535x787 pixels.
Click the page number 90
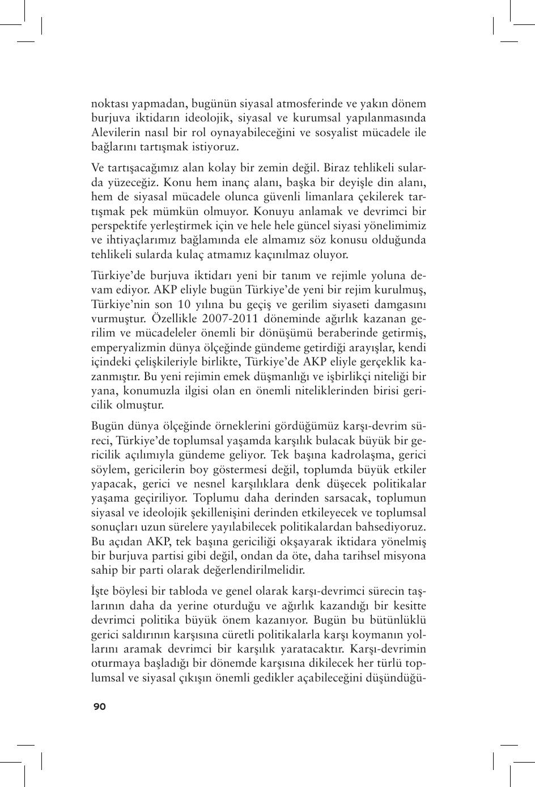(99, 706)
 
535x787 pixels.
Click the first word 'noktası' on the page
(109, 104)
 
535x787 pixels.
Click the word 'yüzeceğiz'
(132, 183)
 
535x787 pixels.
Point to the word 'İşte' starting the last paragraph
(101, 591)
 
